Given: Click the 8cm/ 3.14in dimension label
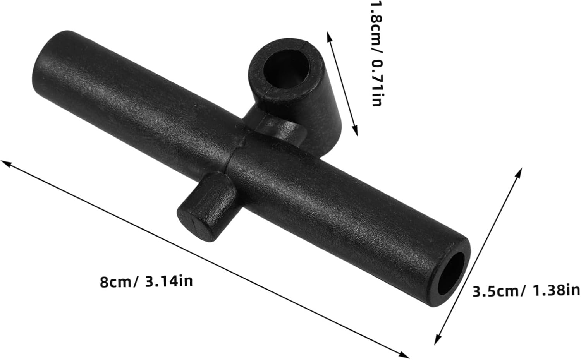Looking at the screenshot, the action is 146,282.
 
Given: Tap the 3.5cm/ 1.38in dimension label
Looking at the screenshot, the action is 526,291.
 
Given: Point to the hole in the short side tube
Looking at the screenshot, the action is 286,69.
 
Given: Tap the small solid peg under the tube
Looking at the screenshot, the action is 206,207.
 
